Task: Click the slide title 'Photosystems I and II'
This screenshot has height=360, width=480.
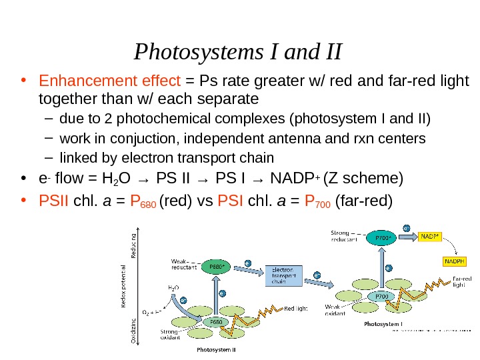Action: pos(239,51)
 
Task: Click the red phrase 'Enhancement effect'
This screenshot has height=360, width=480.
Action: pos(110,82)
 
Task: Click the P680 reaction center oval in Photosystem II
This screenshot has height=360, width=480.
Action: pos(217,321)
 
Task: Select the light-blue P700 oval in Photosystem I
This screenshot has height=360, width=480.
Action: pos(382,295)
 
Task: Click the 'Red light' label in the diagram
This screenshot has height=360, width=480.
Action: pos(297,309)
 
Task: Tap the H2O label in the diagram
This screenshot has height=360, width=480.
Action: pos(172,289)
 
